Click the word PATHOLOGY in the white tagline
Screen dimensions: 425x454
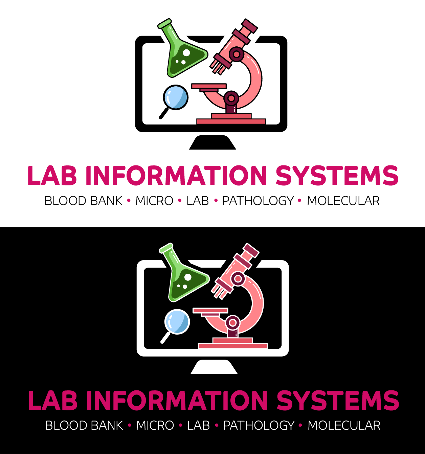coord(259,426)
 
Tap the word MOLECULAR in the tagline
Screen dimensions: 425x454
coord(344,426)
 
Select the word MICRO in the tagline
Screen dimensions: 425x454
coord(155,426)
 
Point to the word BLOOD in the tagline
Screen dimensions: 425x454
coord(64,426)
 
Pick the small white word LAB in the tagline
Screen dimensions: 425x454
coord(199,426)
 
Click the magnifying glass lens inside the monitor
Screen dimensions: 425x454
coord(177,321)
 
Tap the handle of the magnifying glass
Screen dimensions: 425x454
coord(165,338)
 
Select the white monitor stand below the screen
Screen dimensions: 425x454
coord(214,367)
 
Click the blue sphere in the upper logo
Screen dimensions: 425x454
coord(176,97)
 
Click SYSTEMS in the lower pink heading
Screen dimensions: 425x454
coord(338,401)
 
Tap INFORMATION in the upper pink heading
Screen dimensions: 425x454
coord(176,176)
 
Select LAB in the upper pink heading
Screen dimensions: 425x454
coord(52,176)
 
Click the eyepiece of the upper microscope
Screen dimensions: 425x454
coord(249,26)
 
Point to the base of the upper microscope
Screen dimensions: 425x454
coord(231,121)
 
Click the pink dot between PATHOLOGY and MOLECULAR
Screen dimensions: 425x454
coord(300,425)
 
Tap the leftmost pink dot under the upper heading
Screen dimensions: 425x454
coord(129,200)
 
